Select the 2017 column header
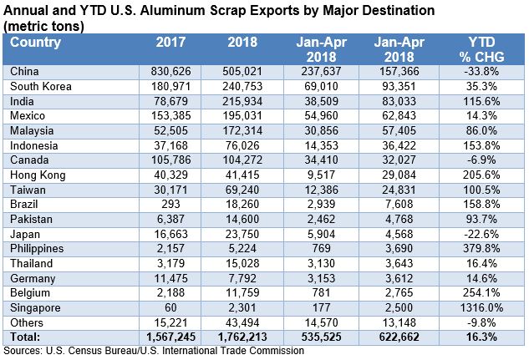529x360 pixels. [x=170, y=42]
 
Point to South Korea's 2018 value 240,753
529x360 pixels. [x=242, y=85]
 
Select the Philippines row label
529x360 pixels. [x=37, y=249]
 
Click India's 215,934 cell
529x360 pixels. [x=242, y=100]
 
